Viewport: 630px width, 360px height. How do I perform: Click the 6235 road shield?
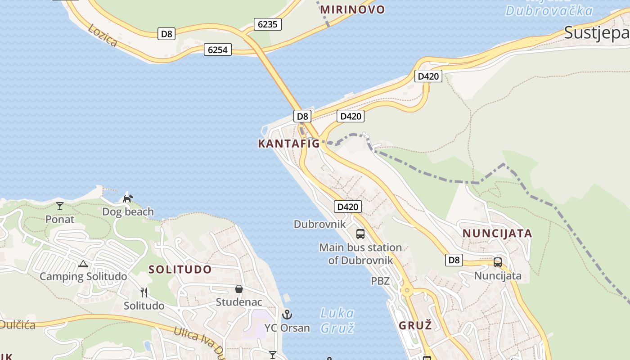[x=268, y=24]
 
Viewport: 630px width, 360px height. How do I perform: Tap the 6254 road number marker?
[x=217, y=49]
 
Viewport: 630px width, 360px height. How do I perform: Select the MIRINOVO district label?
[x=353, y=9]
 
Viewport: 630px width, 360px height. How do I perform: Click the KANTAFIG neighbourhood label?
[x=288, y=144]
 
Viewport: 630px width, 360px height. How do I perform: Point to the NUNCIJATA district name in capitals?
[x=497, y=234]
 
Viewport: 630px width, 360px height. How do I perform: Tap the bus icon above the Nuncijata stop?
[x=498, y=262]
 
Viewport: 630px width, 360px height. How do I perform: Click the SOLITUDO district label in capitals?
[x=180, y=270]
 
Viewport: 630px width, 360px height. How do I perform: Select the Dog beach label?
[x=128, y=211]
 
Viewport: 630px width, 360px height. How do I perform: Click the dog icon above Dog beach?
[x=128, y=198]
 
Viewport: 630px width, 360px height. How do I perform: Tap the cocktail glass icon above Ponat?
[x=60, y=206]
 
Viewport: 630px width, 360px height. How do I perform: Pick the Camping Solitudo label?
[x=83, y=276]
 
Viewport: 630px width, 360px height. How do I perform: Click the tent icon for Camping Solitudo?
[x=83, y=264]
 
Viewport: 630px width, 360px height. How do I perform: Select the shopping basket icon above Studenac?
[x=239, y=289]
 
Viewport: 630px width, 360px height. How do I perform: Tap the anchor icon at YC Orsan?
[x=287, y=315]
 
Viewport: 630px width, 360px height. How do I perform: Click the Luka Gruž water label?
[x=337, y=320]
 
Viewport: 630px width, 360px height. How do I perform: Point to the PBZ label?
[x=380, y=281]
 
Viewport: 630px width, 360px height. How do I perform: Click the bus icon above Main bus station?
[x=360, y=234]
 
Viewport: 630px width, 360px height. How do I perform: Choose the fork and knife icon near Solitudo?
[x=144, y=292]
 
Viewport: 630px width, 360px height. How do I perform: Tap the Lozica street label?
[x=103, y=35]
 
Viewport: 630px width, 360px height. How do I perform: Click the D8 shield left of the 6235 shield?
[x=166, y=34]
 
